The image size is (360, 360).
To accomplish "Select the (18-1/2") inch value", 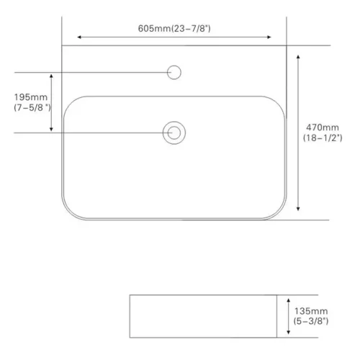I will (x=322, y=137).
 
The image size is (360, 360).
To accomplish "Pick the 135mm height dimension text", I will (x=310, y=310).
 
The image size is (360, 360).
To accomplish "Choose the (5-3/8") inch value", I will (x=310, y=322).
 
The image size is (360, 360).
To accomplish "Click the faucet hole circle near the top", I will (x=174, y=72).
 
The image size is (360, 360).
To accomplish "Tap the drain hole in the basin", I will (x=174, y=132).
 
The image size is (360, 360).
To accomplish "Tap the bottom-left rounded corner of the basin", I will (x=70, y=212).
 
